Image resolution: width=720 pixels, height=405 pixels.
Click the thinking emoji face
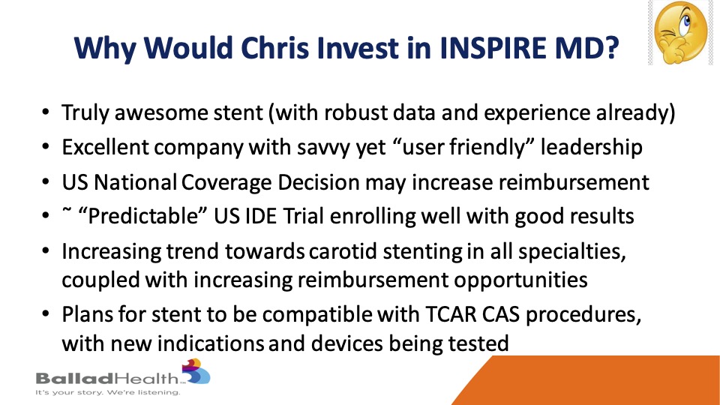click(680, 32)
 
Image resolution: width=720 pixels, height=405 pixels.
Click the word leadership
click(592, 148)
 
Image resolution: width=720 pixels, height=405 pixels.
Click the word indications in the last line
click(210, 343)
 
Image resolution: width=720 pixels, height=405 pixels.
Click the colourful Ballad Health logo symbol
click(196, 371)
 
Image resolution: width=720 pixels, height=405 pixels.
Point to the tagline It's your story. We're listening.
click(108, 392)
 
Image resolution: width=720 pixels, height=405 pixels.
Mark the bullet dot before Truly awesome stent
click(46, 112)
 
